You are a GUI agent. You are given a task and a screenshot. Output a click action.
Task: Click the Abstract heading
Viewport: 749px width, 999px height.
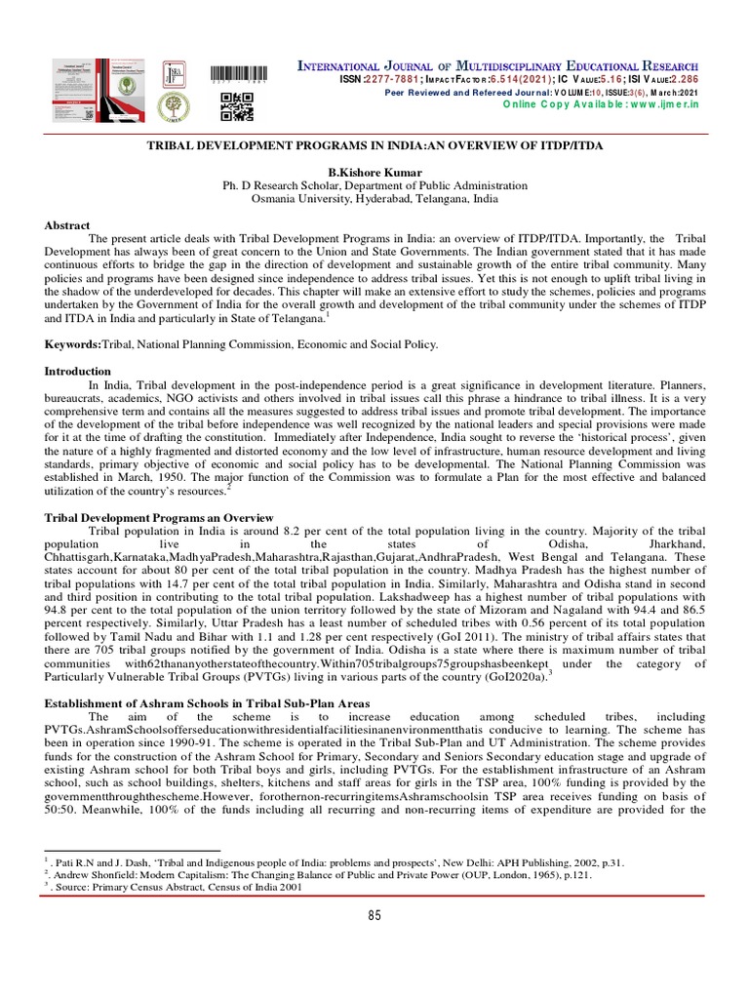tap(67, 225)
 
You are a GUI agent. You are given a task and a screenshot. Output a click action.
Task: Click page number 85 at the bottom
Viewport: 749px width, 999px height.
tap(374, 914)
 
